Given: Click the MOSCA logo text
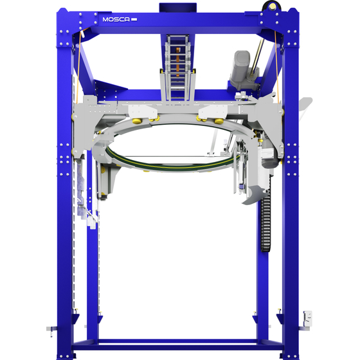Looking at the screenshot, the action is [116, 19].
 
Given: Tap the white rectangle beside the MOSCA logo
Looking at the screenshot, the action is [134, 19].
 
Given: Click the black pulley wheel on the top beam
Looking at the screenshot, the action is [271, 6].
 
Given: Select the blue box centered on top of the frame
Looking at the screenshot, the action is [178, 8].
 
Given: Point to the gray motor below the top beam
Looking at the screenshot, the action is [244, 70].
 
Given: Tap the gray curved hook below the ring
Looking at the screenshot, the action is [254, 195].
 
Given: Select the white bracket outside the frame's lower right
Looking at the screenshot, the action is [307, 319].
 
